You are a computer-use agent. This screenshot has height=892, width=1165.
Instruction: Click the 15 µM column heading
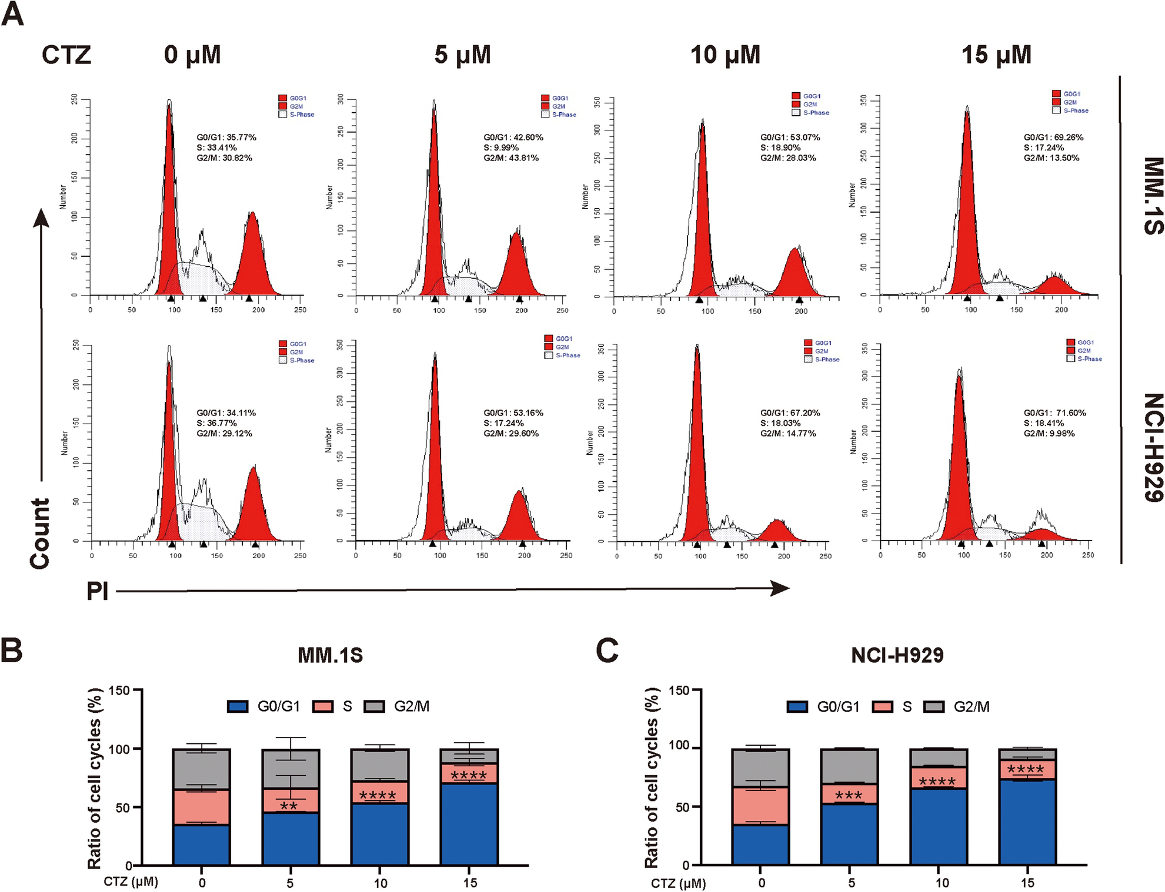tap(996, 55)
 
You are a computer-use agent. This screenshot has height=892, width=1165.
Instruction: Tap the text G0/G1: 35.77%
tap(226, 138)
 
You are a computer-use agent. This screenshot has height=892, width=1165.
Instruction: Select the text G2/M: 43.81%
tap(511, 158)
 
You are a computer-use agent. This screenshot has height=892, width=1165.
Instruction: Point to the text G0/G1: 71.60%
tap(1054, 413)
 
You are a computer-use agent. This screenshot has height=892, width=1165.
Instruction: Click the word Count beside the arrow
tap(40, 533)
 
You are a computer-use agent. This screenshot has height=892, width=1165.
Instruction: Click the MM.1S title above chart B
tap(330, 655)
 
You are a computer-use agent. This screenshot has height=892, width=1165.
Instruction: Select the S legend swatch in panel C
tap(882, 707)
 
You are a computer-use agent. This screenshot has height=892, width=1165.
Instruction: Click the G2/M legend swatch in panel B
tap(374, 706)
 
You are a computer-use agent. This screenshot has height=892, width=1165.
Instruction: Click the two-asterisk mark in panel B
tap(289, 806)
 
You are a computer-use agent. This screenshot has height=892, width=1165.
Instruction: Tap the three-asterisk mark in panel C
tap(849, 796)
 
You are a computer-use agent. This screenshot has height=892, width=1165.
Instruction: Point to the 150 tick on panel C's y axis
tap(679, 690)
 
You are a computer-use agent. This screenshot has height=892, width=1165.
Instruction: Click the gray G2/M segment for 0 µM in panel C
tap(760, 767)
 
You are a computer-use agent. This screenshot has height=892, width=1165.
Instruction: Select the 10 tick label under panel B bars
tap(380, 883)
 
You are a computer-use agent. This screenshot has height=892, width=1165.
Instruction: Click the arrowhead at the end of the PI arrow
tap(781, 588)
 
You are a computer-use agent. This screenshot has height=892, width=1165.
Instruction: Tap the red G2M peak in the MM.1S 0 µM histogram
tap(253, 259)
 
